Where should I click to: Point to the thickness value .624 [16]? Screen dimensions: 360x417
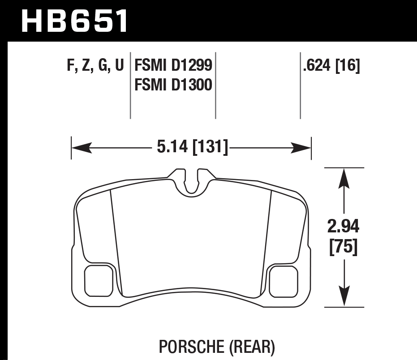coord(331,66)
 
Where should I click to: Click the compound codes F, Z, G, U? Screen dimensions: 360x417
coord(95,66)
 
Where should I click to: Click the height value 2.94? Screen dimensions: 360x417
coord(344,227)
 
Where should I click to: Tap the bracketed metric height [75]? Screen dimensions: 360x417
coord(344,247)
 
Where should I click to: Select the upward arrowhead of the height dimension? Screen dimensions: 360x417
coord(344,176)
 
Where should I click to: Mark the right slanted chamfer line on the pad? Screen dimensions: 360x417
coord(267,242)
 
